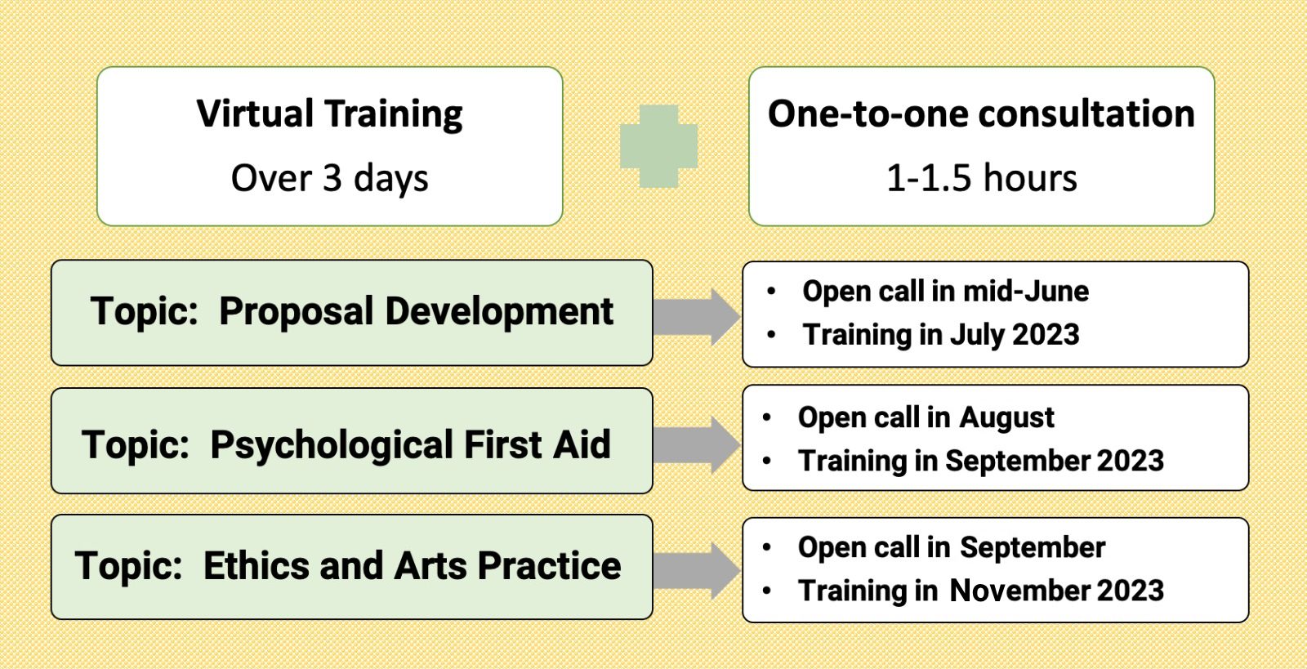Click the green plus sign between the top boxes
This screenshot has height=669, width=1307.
658,146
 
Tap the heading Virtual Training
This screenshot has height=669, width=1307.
330,114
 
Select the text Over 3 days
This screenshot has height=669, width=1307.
330,178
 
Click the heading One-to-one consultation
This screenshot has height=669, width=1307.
981,114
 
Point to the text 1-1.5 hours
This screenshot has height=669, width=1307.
981,178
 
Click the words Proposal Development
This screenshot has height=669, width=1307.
416,311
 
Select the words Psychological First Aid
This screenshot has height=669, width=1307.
410,444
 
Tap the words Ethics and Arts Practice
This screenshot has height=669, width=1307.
412,566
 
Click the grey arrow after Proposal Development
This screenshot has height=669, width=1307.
697,317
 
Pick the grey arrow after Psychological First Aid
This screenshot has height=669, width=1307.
697,445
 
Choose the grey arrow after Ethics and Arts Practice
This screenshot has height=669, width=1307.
697,570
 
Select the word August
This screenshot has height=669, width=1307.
1006,417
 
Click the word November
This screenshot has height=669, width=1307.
1020,591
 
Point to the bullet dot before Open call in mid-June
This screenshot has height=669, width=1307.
771,291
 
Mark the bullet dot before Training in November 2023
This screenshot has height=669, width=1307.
767,591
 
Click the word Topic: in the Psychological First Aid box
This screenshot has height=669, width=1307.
136,444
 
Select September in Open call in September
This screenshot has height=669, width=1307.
1033,547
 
